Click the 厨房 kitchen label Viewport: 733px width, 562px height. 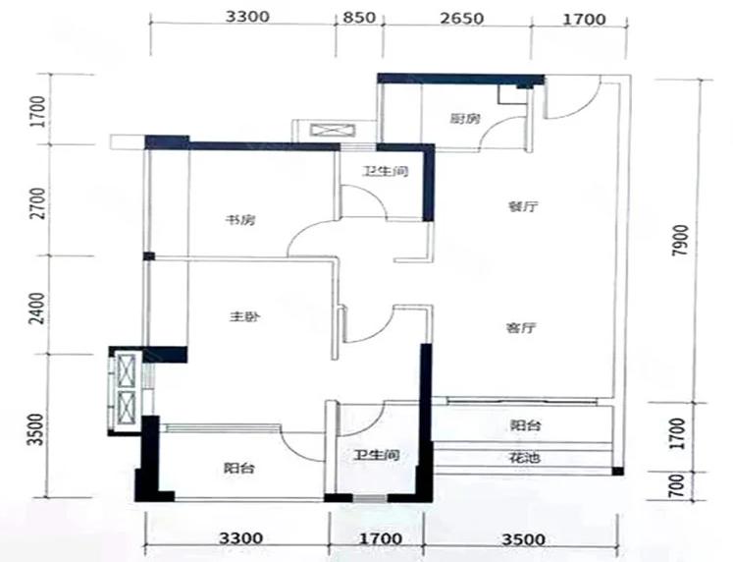tap(465, 119)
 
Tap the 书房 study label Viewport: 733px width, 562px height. tap(240, 219)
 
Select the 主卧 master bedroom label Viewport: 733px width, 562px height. tap(244, 317)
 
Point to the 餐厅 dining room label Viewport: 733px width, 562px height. tap(524, 206)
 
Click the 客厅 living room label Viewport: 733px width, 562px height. tap(521, 328)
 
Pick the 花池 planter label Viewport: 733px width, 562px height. tap(525, 457)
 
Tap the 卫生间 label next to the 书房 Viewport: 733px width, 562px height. tap(386, 171)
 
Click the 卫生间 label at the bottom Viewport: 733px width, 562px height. tap(377, 455)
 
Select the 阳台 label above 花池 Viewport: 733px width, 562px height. tap(525, 425)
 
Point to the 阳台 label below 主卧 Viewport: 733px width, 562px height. tap(238, 468)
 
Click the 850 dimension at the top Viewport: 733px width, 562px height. tap(359, 18)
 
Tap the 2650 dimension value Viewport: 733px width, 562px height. tap(461, 19)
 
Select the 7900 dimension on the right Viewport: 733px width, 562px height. tap(681, 241)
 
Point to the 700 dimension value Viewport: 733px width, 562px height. tap(676, 485)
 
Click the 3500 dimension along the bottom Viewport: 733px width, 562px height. tap(524, 540)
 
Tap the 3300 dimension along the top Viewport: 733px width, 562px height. tap(247, 17)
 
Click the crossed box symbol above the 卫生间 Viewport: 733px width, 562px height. tap(333, 130)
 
